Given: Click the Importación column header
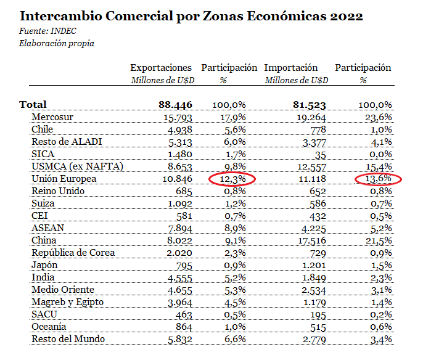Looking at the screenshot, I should pyautogui.click(x=291, y=68).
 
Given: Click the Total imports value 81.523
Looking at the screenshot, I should pyautogui.click(x=309, y=105).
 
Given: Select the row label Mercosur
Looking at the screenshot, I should pyautogui.click(x=52, y=117).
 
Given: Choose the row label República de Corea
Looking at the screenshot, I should pyautogui.click(x=73, y=253).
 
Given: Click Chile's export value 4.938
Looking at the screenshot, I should pyautogui.click(x=180, y=129).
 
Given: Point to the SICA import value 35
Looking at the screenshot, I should pyautogui.click(x=320, y=154).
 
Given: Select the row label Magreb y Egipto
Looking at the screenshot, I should pyautogui.click(x=67, y=302).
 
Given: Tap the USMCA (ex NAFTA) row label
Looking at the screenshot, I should pyautogui.click(x=77, y=166).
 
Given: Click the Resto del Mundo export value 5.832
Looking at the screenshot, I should pyautogui.click(x=180, y=339).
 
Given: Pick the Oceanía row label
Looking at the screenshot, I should pyautogui.click(x=49, y=327).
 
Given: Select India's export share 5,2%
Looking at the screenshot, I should pyautogui.click(x=234, y=277).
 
